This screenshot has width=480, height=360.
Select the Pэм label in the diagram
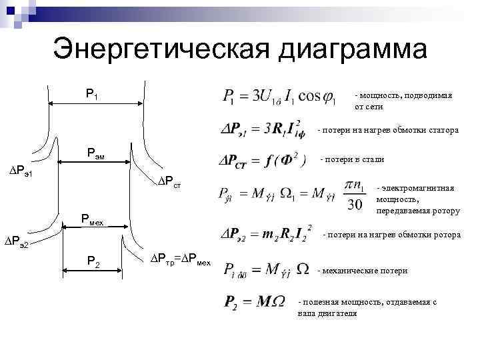click(97, 154)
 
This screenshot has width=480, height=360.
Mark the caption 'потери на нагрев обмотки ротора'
click(391, 235)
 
